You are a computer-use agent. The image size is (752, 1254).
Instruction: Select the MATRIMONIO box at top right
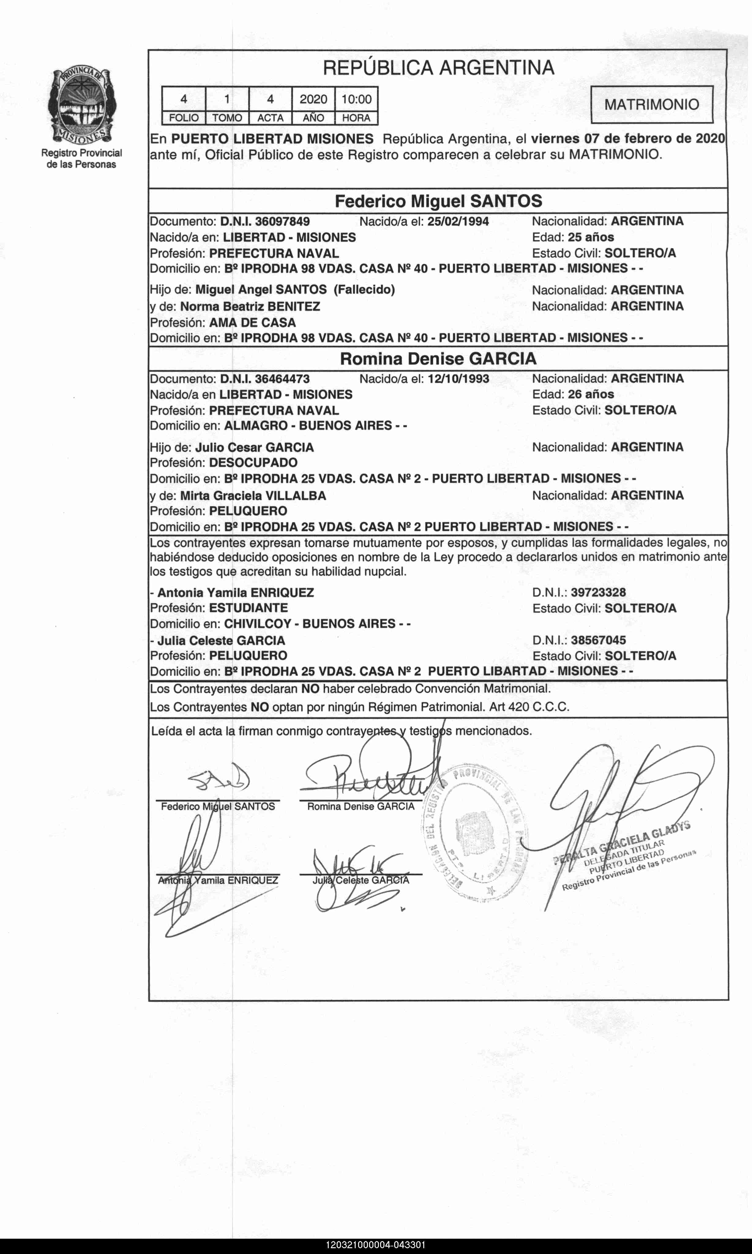coord(652,104)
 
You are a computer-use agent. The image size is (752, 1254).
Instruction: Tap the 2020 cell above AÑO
coord(313,99)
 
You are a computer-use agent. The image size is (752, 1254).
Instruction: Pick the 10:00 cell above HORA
coord(356,99)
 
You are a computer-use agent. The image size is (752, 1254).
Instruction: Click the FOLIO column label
coord(183,118)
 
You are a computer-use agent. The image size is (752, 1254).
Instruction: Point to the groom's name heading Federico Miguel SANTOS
coord(438,201)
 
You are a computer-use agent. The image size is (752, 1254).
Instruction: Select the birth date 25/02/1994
coord(458,221)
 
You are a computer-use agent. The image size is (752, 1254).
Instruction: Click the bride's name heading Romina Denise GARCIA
coord(438,359)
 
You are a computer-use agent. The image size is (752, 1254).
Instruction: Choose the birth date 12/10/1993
coord(458,378)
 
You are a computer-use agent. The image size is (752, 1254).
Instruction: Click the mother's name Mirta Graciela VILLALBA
coord(253,496)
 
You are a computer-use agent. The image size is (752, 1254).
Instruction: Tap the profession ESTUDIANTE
coord(248,608)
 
